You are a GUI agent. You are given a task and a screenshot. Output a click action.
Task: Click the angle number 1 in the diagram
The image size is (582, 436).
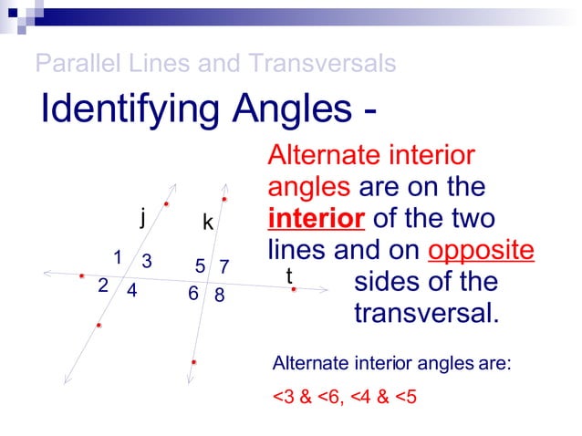coord(118,255)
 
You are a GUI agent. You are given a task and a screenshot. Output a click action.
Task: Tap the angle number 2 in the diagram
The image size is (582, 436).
coord(103,285)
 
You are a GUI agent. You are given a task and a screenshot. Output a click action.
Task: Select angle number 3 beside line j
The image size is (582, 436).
coord(146,261)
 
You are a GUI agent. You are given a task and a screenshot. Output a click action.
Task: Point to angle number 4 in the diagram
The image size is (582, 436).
coord(131,292)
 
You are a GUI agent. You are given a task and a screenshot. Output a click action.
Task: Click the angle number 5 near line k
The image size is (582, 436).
coord(201,266)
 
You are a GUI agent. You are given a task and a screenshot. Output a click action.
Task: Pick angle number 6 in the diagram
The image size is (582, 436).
coord(193,294)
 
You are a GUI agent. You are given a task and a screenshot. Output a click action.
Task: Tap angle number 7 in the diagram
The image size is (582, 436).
coord(223,266)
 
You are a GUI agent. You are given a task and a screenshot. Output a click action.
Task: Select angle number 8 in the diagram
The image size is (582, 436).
coord(219,296)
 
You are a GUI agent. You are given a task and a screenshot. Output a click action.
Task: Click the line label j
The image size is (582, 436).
coord(142,217)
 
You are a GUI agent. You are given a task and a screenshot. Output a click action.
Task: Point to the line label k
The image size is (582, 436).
coord(208,223)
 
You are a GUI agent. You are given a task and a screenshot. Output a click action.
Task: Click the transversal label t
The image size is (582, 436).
coord(289,275)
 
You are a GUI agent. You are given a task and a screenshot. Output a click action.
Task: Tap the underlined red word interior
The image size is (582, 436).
coord(316,219)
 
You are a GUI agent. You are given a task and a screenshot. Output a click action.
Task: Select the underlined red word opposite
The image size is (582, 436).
coord(481,250)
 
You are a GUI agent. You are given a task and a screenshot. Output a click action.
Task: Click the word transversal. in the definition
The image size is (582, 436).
coord(427,313)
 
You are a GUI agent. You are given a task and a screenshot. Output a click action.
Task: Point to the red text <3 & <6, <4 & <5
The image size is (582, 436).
coord(345,398)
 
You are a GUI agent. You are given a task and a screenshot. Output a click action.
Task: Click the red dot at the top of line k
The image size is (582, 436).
coord(223,199)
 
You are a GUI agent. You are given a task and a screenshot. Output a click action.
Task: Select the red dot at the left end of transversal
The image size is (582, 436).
coord(81,275)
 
